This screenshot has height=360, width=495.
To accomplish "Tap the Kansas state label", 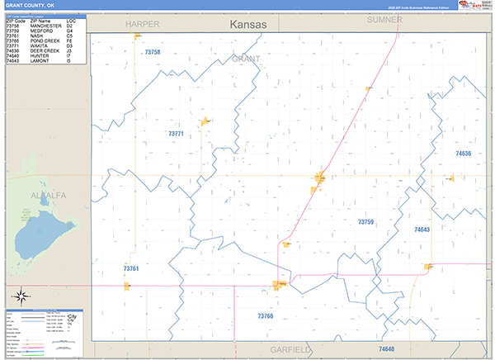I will [248, 25].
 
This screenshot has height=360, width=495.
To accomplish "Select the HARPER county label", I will [142, 25].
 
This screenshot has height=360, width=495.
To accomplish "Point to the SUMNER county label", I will [384, 19].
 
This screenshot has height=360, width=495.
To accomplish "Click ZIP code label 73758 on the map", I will [152, 52].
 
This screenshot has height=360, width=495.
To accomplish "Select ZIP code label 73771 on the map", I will [176, 133].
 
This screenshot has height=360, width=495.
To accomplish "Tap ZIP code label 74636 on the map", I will [463, 154].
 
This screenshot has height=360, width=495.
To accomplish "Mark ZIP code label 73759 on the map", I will [365, 222].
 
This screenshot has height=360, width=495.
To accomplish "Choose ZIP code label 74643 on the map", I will [422, 230].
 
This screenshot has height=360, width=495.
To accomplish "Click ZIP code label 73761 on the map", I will [131, 268].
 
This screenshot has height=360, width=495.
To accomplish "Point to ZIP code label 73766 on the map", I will [265, 316].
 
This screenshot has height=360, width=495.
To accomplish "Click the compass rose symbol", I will [22, 296].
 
